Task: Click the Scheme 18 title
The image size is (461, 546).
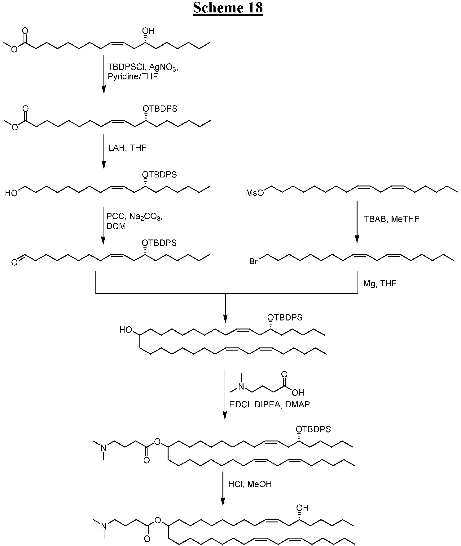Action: [228, 8]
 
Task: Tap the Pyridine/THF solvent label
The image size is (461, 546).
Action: [133, 76]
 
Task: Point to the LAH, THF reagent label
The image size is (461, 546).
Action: [127, 148]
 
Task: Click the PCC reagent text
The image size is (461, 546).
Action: [115, 216]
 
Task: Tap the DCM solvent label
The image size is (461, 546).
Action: [116, 226]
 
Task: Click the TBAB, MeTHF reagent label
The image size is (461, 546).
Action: [391, 219]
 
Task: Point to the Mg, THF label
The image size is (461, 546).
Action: [380, 283]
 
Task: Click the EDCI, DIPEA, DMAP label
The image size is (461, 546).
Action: [269, 404]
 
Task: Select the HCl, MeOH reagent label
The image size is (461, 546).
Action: [250, 484]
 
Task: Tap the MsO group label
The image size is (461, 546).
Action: [255, 193]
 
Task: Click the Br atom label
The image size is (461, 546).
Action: [253, 262]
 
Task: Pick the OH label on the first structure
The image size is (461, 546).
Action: [148, 31]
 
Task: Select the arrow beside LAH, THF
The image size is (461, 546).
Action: [104, 151]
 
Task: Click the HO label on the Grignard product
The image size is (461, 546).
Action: [126, 330]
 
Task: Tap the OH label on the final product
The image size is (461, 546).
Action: [302, 508]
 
